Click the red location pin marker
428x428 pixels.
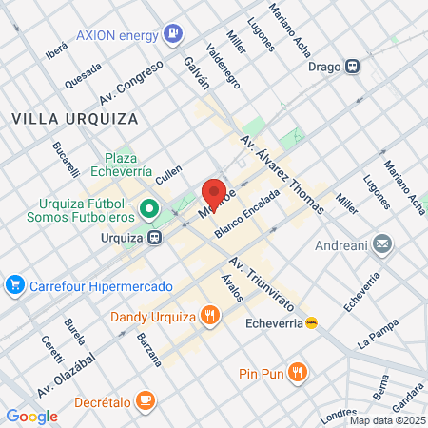coord(214,193)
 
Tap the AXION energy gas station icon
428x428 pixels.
coord(172,34)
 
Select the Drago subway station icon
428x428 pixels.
coord(353,67)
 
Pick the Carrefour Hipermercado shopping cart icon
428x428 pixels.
coord(14,284)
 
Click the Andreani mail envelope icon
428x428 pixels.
coord(381,245)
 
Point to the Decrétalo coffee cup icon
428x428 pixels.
coord(145,399)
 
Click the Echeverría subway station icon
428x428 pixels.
coord(311,322)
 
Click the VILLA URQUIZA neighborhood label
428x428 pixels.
coord(75,119)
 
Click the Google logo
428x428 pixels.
coord(31,416)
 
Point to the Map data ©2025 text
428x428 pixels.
coord(386,420)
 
